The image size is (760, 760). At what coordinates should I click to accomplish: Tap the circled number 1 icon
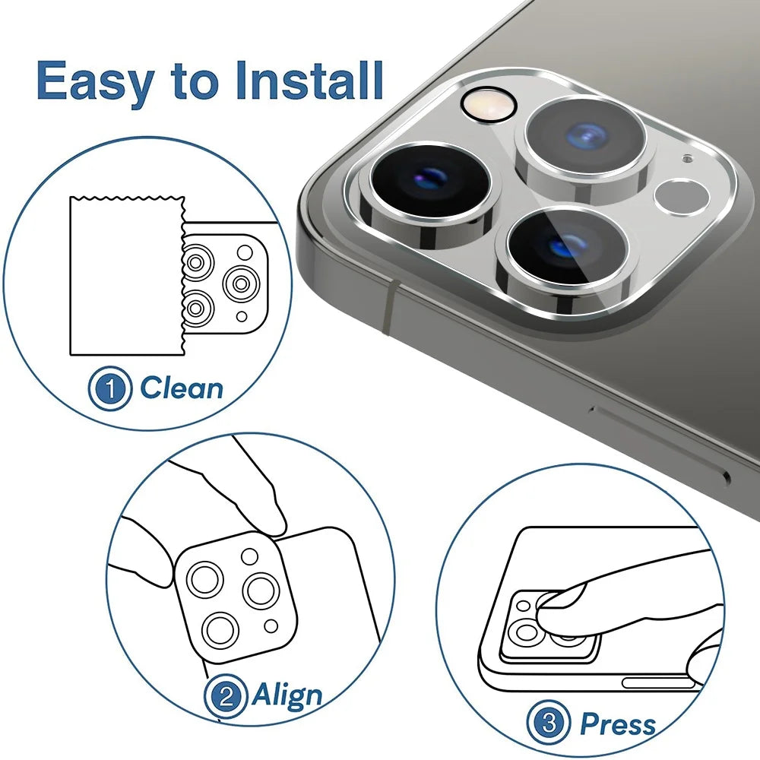[x=112, y=389]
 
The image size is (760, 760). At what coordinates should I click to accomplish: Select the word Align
[x=287, y=695]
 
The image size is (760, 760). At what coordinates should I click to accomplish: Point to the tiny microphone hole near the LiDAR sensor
[x=687, y=160]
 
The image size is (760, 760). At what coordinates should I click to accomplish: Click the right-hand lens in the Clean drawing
[x=242, y=284]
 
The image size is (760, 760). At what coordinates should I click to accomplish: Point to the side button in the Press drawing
[x=657, y=683]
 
